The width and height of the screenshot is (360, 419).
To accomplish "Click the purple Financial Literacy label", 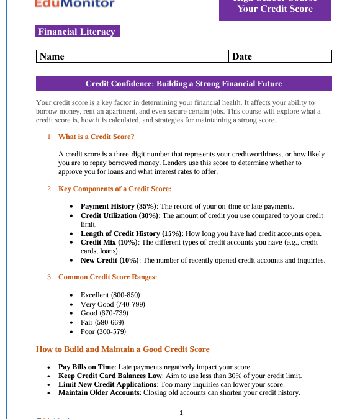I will pyautogui.click(x=77, y=32).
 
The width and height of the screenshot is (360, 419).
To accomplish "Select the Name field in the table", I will pyautogui.click(x=132, y=56).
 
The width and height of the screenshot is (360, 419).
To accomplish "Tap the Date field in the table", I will pyautogui.click(x=280, y=56).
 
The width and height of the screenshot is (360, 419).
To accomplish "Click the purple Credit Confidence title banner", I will pyautogui.click(x=184, y=83).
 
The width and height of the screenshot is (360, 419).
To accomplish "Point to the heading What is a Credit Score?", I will pyautogui.click(x=96, y=137).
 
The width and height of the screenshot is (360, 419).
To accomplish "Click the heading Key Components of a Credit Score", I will pyautogui.click(x=114, y=189).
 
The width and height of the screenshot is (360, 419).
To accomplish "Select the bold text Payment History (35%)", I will pyautogui.click(x=119, y=206).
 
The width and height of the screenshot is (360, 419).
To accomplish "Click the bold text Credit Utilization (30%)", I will pyautogui.click(x=120, y=215).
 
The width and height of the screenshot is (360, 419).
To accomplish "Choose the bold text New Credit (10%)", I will pyautogui.click(x=110, y=260).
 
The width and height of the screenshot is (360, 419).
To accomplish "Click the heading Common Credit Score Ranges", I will pyautogui.click(x=107, y=277).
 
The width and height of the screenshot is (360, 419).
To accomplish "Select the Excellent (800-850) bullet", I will pyautogui.click(x=110, y=295).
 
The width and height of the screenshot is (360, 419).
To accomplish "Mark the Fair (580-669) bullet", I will pyautogui.click(x=102, y=322).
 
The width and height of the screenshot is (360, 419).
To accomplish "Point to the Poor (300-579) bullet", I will pyautogui.click(x=103, y=331).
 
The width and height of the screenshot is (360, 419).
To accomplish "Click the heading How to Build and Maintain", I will pyautogui.click(x=123, y=349).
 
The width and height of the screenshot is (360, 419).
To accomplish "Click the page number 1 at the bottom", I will pyautogui.click(x=181, y=413).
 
